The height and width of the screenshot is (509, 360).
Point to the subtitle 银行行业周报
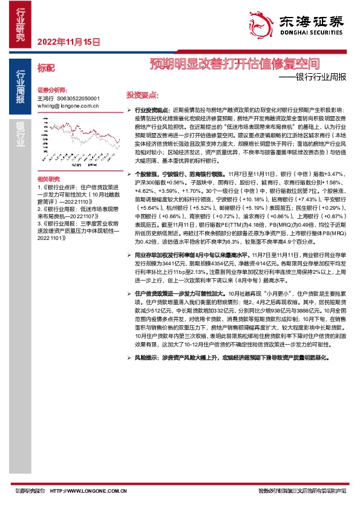(320, 77)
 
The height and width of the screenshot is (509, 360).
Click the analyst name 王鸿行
(45, 97)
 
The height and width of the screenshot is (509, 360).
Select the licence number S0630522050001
(78, 97)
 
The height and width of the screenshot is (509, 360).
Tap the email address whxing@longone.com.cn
(68, 105)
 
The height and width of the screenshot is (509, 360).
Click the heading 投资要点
(142, 95)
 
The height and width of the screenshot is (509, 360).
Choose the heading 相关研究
(48, 180)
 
